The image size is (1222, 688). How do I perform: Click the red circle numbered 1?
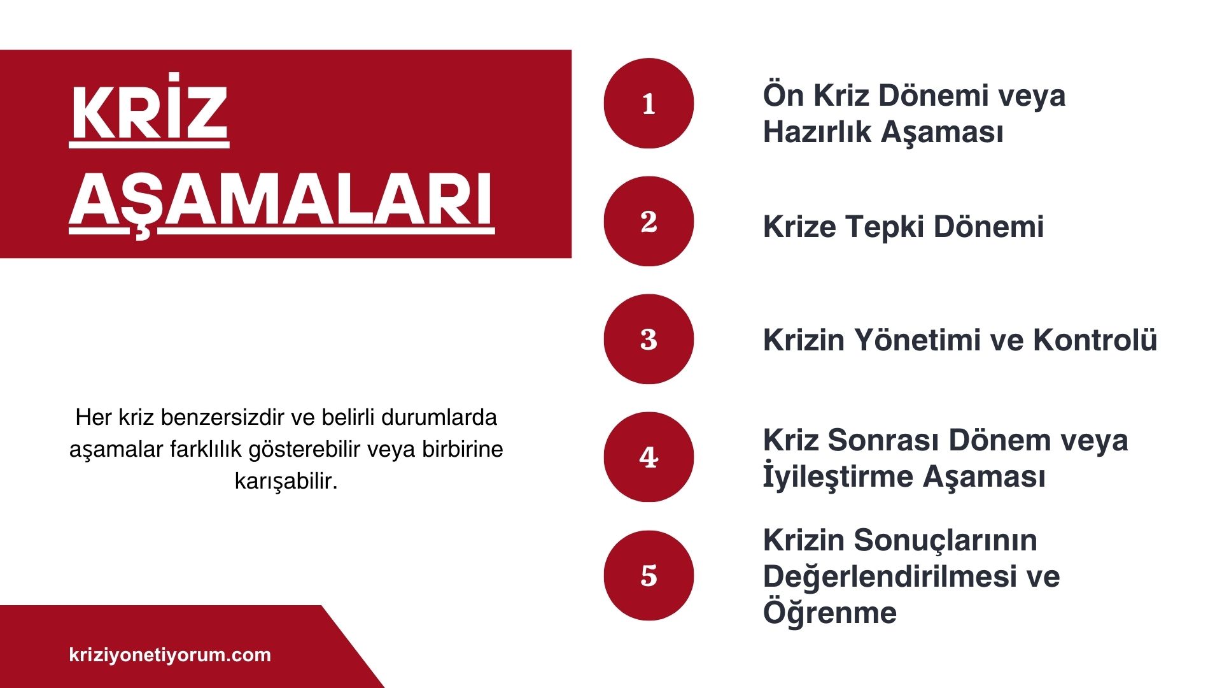pyautogui.click(x=649, y=103)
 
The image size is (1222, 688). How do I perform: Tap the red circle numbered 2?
pyautogui.click(x=649, y=221)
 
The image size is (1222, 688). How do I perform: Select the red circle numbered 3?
pyautogui.click(x=649, y=339)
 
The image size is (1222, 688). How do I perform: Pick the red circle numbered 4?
pyautogui.click(x=649, y=457)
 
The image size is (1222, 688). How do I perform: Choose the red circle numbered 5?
pyautogui.click(x=649, y=575)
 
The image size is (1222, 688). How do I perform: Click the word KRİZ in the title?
pyautogui.click(x=149, y=113)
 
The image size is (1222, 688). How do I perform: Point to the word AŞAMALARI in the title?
pyautogui.click(x=281, y=199)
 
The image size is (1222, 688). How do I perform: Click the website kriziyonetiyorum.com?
pyautogui.click(x=170, y=655)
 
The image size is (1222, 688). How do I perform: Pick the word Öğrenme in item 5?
pyautogui.click(x=830, y=613)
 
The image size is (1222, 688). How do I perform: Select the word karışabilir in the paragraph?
pyautogui.click(x=286, y=481)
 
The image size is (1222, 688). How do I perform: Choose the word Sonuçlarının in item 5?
pyautogui.click(x=945, y=540)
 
